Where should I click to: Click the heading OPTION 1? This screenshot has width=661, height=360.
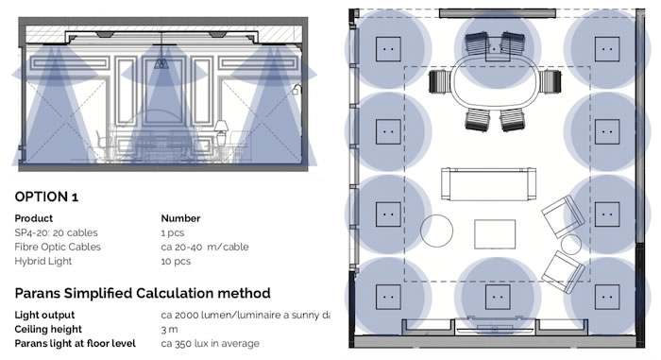[46, 197]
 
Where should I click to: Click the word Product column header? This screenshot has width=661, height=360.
[34, 218]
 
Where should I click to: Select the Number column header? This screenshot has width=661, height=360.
[180, 218]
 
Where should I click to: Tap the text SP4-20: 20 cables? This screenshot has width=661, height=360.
[56, 232]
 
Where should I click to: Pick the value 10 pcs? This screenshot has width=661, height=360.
[176, 261]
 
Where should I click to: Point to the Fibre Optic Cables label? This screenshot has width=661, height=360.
[58, 247]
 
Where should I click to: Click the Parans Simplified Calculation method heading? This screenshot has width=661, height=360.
[143, 293]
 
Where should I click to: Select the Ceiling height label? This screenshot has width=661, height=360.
[48, 329]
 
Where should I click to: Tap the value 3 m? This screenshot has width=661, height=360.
[169, 329]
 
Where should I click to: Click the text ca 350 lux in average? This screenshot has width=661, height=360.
[210, 344]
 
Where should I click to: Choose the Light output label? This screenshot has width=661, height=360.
[44, 315]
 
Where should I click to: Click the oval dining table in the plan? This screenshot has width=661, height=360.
[495, 83]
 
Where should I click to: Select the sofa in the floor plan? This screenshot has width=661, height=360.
[489, 183]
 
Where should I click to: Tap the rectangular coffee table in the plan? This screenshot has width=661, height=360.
[495, 234]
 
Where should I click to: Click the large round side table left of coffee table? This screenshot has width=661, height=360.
[436, 231]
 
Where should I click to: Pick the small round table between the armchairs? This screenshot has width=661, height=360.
[571, 245]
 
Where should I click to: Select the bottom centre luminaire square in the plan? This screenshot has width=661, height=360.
[498, 297]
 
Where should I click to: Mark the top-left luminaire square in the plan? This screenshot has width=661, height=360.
[388, 49]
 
